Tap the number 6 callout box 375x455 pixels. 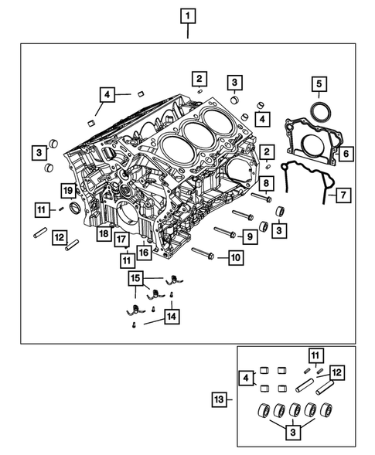tap(346, 154)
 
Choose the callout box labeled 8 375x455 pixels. tap(265, 183)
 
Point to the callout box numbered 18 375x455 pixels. tap(101, 232)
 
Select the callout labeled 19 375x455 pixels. tap(67, 191)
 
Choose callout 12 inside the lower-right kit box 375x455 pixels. tap(336, 372)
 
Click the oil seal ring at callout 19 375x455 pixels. tap(76, 208)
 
